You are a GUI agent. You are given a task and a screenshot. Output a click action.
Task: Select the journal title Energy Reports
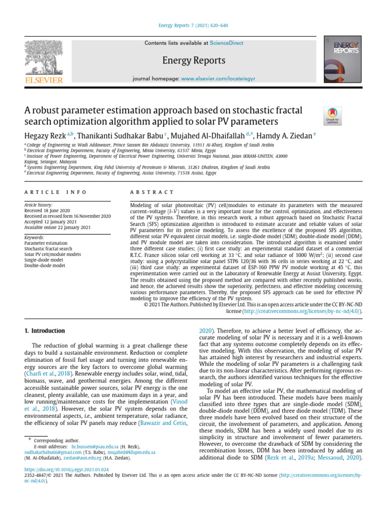(x=193, y=61)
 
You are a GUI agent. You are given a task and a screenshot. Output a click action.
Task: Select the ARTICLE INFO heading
(x=55, y=192)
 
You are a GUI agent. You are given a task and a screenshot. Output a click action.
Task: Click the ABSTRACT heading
(x=152, y=192)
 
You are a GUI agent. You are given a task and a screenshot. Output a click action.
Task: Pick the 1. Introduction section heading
(x=45, y=331)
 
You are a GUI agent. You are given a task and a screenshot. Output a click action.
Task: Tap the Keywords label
(x=34, y=237)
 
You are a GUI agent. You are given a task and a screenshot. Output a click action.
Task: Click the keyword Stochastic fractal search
(x=48, y=248)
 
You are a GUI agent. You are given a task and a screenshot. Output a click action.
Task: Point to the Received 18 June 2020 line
(x=49, y=211)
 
